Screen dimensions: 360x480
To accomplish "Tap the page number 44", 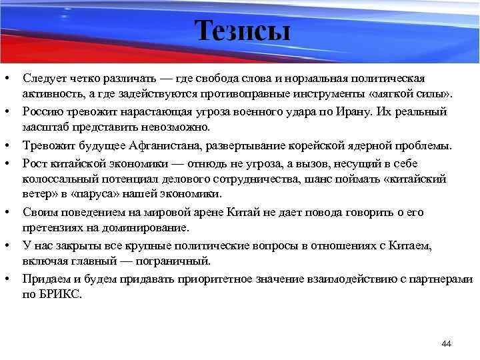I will (447, 344).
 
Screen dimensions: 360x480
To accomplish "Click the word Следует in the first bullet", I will (44, 79).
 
